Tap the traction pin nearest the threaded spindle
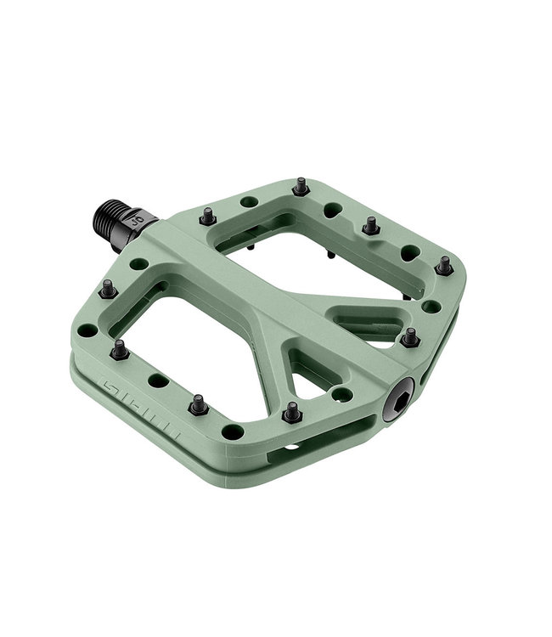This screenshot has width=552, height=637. pos(207,217)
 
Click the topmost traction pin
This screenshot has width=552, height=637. pos(300,186)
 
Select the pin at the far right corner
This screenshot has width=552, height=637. pos(444,265)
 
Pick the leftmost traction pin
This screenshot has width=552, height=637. pos(108,290)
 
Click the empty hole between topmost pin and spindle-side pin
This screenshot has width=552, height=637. pos(250,202)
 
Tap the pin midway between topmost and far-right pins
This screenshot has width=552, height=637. pos(370,225)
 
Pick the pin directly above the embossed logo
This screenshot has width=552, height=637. pos(119,348)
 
